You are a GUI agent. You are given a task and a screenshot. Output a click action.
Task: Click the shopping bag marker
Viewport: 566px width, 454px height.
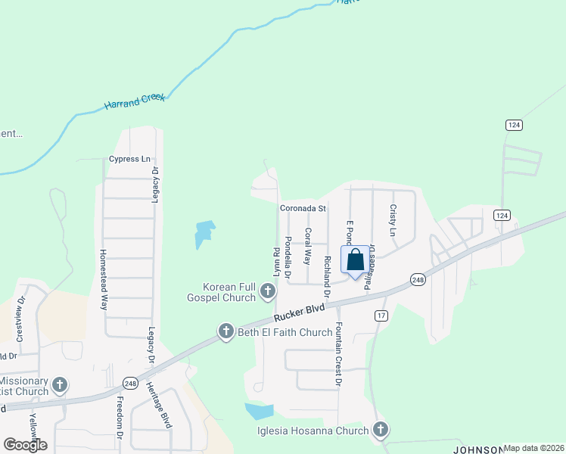point(355,260)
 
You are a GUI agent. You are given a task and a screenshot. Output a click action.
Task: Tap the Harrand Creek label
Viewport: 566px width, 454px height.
point(134,101)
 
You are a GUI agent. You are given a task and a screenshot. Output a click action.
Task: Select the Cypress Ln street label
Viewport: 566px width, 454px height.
point(129,159)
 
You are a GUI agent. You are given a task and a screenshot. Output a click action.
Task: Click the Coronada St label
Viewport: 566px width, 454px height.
point(303,207)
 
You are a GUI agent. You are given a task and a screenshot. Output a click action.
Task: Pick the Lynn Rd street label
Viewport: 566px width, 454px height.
point(277,260)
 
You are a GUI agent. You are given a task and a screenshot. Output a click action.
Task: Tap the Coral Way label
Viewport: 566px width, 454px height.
point(307,246)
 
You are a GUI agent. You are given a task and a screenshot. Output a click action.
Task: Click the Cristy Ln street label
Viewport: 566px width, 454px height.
point(393,220)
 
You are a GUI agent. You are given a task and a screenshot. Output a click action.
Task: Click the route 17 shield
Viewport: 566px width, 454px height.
point(381,316)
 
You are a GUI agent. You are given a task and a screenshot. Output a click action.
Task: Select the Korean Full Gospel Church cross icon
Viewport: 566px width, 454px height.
point(267,291)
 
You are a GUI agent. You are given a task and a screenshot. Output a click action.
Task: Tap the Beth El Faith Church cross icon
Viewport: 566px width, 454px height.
point(225,331)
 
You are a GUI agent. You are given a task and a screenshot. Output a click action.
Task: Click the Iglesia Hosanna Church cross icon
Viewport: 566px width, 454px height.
point(380,431)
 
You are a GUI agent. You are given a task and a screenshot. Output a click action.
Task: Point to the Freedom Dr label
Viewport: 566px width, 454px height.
point(120,421)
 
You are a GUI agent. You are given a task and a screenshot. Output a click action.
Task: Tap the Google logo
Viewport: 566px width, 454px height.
point(25,444)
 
